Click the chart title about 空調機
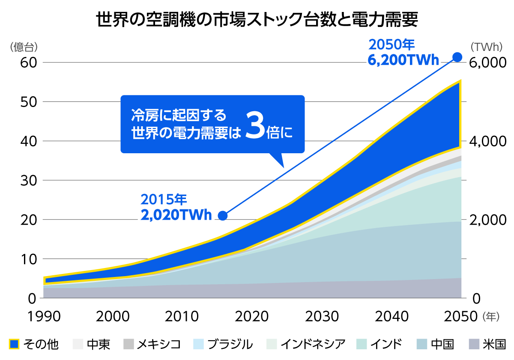[x=257, y=19]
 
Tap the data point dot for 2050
[x=457, y=57]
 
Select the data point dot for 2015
[x=223, y=215]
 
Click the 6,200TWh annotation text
[x=403, y=60]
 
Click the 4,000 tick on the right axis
[x=488, y=141]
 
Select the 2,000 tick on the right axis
[x=488, y=220]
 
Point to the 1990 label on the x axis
[x=44, y=317]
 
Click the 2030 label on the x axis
[x=322, y=317]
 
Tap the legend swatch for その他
[x=14, y=344]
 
